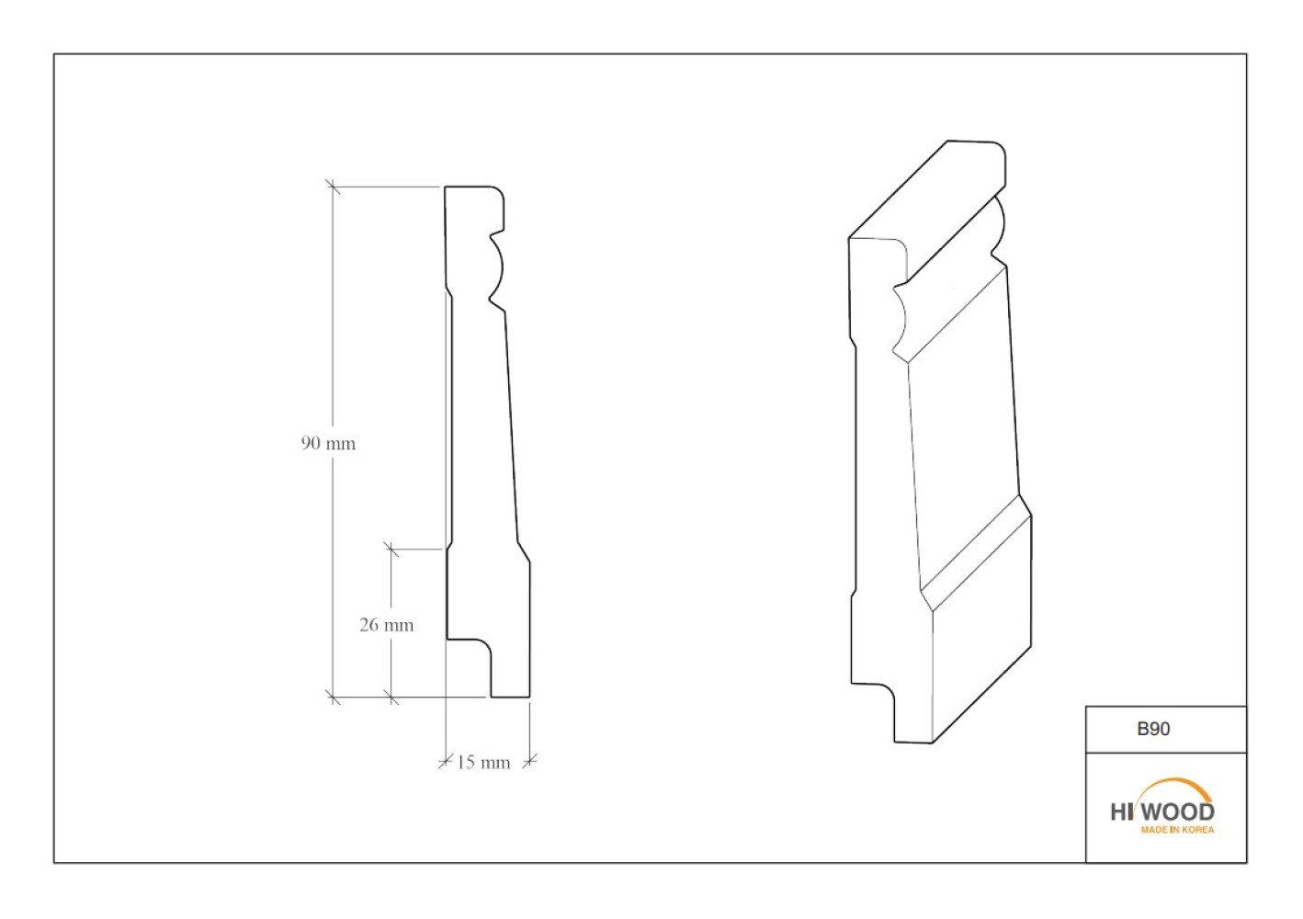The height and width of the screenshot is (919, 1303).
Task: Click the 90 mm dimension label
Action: (328, 444)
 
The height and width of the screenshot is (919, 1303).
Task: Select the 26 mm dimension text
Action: (386, 625)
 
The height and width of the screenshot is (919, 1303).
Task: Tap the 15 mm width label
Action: (482, 763)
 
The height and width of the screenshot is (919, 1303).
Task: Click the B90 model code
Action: (1153, 729)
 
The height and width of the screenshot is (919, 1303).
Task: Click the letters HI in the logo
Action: (1122, 812)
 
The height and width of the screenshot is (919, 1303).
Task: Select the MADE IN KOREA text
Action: (1177, 830)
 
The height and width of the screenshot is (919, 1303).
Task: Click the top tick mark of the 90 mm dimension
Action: (333, 187)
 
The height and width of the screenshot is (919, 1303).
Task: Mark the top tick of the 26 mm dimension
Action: (391, 549)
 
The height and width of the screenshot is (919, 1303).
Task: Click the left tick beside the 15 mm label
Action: (446, 761)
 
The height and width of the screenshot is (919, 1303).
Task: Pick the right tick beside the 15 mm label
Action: (530, 761)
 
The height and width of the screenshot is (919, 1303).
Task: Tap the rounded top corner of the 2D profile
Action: (500, 192)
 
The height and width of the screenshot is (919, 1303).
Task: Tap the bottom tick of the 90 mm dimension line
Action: (333, 697)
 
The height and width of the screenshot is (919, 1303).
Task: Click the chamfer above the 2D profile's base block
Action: (524, 552)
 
